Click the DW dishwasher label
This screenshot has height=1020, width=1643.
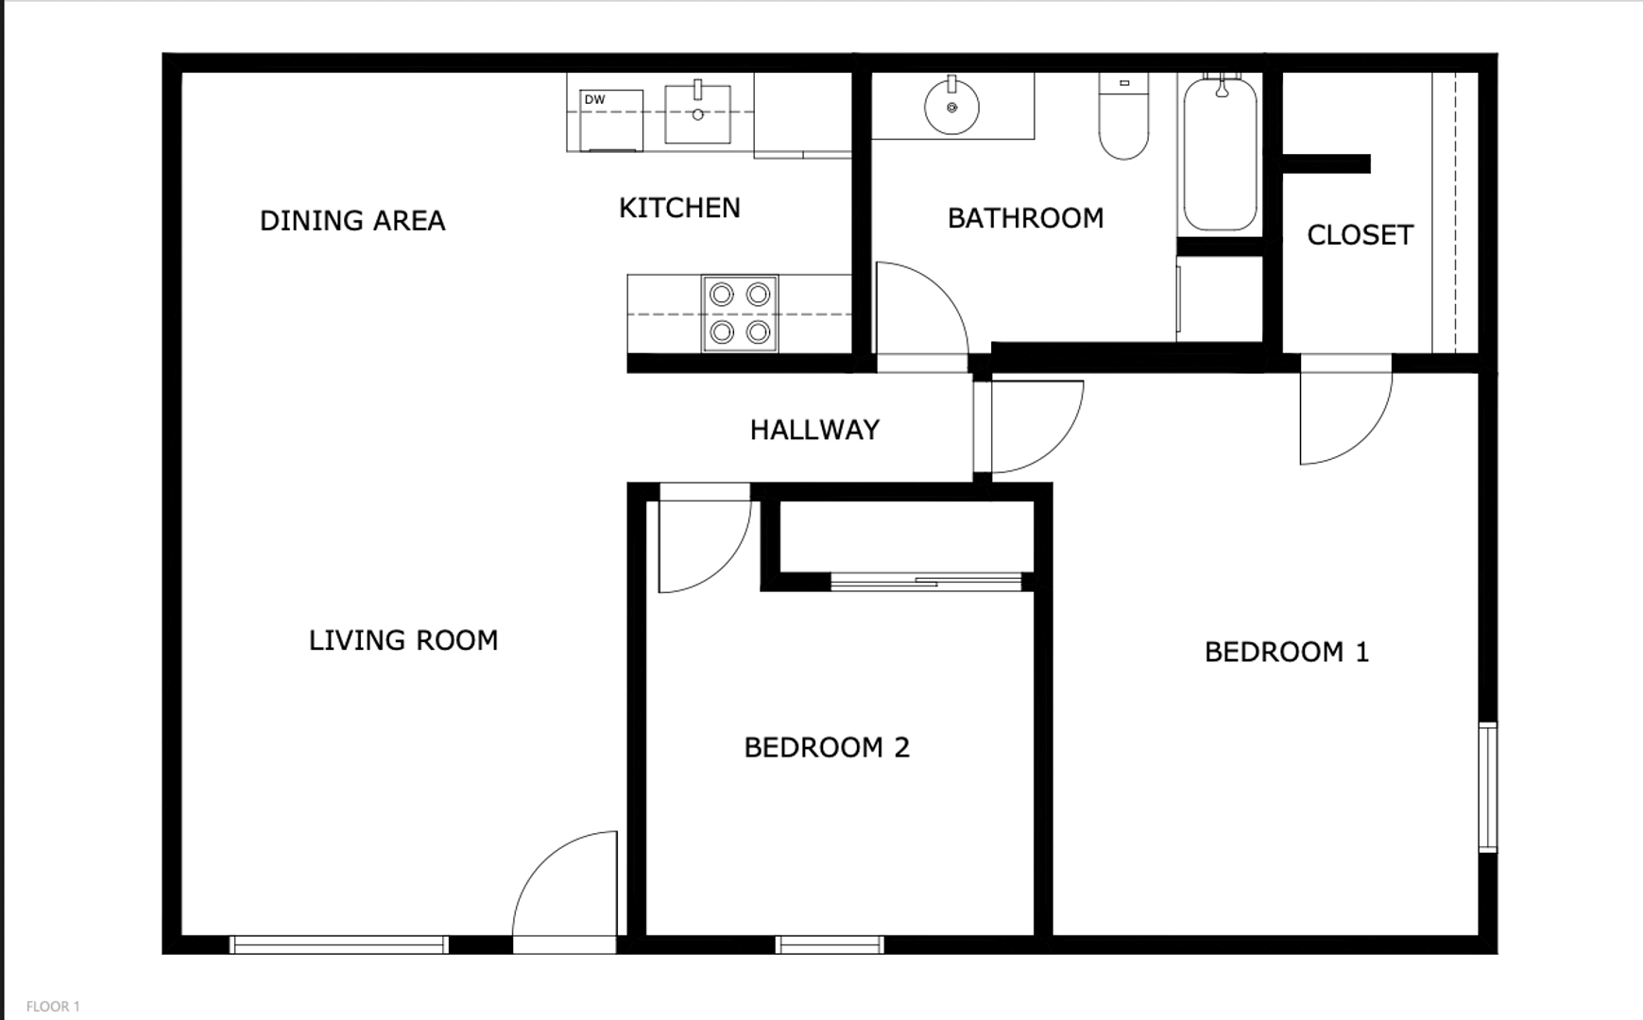point(594,99)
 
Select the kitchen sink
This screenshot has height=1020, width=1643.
point(697,113)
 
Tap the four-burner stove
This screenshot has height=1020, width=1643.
point(740,314)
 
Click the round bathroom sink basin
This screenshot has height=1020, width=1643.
point(951,107)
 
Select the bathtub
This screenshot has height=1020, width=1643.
point(1220,154)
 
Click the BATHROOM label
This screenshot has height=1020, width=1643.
point(1025,218)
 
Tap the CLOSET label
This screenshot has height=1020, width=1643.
point(1360,235)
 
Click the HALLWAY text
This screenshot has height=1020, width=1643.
point(814,430)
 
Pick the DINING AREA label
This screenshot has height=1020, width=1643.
point(352,221)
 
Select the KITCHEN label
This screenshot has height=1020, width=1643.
point(679,208)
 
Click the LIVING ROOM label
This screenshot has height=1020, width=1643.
point(403,640)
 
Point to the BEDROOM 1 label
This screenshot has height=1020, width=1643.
point(1287,652)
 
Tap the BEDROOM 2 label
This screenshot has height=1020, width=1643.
point(827,748)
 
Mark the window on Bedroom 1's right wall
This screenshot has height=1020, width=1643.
point(1488,788)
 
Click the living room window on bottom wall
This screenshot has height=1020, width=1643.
point(339,944)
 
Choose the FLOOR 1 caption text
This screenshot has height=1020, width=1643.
point(53,1007)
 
